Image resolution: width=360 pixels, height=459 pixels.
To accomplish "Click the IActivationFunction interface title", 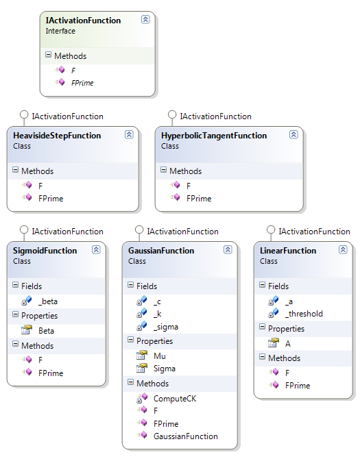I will [83, 21].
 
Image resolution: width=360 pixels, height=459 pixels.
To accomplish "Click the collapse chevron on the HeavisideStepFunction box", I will [129, 135].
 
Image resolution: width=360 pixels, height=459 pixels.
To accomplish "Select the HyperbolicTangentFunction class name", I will [213, 136].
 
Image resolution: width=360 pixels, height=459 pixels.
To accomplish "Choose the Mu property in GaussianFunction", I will [159, 356].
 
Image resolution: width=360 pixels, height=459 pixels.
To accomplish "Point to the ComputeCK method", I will [175, 397].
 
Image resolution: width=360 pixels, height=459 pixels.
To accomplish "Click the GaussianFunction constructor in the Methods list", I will [185, 436].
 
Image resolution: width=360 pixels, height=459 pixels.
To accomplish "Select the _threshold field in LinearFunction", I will [304, 313].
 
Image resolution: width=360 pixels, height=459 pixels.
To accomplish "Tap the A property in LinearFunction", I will [288, 343].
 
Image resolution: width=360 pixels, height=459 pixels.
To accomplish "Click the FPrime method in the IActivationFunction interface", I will [82, 82].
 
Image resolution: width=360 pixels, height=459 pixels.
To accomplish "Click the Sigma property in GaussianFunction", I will [165, 368].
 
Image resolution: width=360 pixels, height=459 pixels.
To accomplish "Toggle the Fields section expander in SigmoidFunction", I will [15, 286].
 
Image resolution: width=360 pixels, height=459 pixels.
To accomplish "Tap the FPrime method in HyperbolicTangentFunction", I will [198, 198].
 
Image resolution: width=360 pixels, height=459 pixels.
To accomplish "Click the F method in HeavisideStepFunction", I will [40, 186].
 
